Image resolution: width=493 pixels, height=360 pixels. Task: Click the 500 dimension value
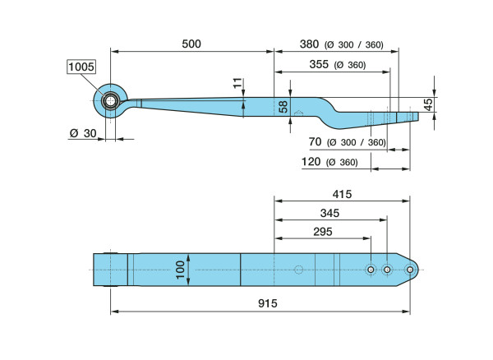point(191,44)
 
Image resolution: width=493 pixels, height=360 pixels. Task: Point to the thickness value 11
point(237,84)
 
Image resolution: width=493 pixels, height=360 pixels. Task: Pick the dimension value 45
point(428,104)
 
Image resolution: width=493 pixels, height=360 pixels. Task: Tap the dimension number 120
point(311,162)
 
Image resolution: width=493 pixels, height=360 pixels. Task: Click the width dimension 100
point(180,269)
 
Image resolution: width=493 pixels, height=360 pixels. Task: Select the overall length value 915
point(267,303)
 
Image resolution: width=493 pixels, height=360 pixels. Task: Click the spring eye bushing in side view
point(110,101)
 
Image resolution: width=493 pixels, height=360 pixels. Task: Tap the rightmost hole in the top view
point(410,270)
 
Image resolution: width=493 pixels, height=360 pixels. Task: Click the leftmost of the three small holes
point(371,270)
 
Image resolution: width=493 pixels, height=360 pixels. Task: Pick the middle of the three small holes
point(388,270)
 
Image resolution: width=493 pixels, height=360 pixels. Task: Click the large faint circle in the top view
point(299,269)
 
